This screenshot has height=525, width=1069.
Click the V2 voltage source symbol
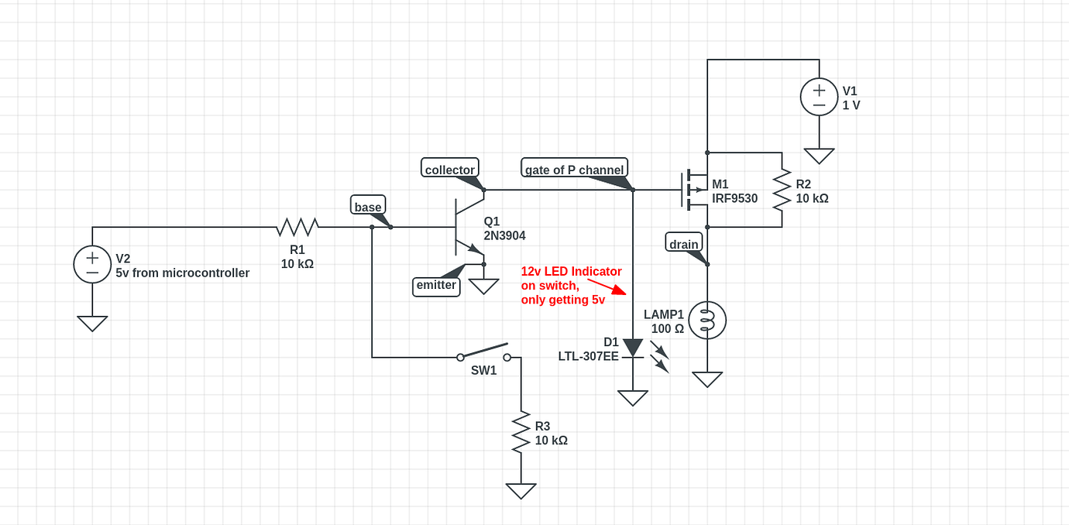tap(92, 265)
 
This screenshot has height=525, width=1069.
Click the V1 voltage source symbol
tap(819, 97)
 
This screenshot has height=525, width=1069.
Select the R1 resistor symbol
tap(297, 227)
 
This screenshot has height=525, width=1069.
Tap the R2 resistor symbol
tap(782, 190)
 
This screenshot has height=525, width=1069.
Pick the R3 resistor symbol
tap(521, 432)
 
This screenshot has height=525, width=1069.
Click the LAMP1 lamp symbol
tap(706, 320)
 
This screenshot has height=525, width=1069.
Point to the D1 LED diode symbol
tap(633, 348)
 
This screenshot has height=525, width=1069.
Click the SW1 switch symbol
tap(484, 352)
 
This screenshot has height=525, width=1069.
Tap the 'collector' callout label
tap(450, 169)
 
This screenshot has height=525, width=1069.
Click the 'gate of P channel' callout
tap(574, 169)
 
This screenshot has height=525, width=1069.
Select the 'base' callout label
tap(368, 206)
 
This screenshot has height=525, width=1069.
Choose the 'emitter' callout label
tap(436, 285)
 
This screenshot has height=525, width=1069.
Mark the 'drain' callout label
tap(683, 243)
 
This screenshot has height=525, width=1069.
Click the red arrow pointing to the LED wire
tap(607, 287)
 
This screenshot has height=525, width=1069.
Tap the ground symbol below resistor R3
tap(521, 491)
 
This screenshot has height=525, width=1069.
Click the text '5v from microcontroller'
tap(183, 273)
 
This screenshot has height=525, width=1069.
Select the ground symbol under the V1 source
tap(819, 156)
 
